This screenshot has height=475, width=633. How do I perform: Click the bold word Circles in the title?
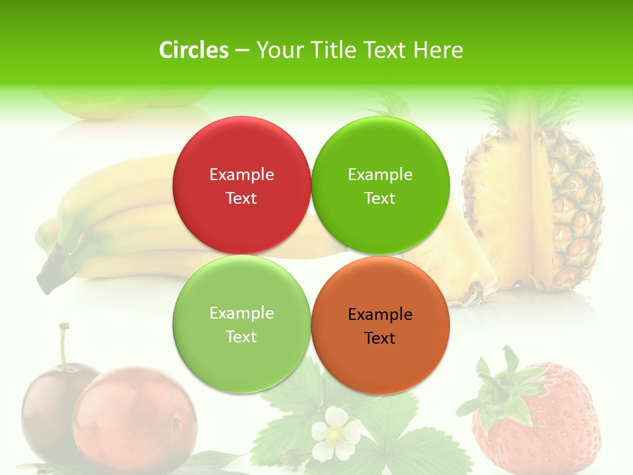(x=194, y=50)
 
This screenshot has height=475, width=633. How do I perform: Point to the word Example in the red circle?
(x=241, y=174)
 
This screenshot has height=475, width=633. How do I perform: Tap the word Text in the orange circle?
(x=380, y=338)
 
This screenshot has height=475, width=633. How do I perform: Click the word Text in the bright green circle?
(x=380, y=198)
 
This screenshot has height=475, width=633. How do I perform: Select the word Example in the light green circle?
(x=241, y=313)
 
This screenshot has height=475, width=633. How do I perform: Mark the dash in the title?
(x=242, y=50)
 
